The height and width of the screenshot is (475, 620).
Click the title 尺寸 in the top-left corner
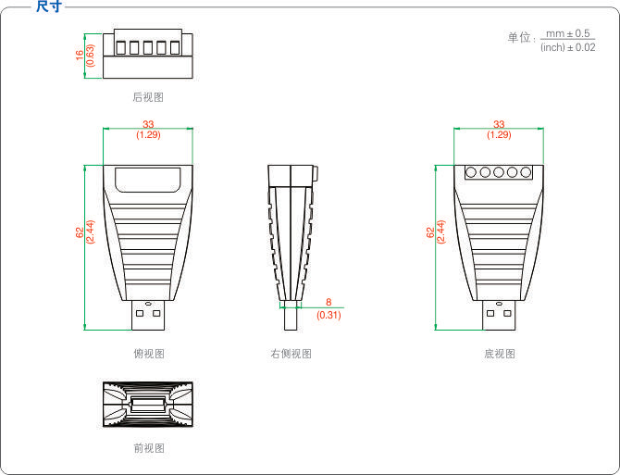tap(48, 7)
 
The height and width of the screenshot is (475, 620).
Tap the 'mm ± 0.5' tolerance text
tap(568, 33)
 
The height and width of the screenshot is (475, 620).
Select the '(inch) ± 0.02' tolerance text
tap(567, 47)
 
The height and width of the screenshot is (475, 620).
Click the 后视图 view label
tap(148, 96)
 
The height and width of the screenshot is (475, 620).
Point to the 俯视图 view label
tap(148, 354)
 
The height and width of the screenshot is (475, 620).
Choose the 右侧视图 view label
tap(291, 354)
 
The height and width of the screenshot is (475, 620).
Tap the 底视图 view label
tap(499, 354)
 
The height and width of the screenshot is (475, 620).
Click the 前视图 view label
tap(148, 448)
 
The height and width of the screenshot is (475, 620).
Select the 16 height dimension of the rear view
tap(80, 55)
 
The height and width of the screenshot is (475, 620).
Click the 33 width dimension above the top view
tap(148, 124)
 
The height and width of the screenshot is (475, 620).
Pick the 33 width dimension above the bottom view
tap(499, 124)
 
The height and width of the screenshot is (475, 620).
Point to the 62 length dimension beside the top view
tap(79, 233)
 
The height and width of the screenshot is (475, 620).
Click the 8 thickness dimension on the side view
tap(329, 302)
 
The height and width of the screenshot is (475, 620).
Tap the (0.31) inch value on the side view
tap(329, 315)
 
